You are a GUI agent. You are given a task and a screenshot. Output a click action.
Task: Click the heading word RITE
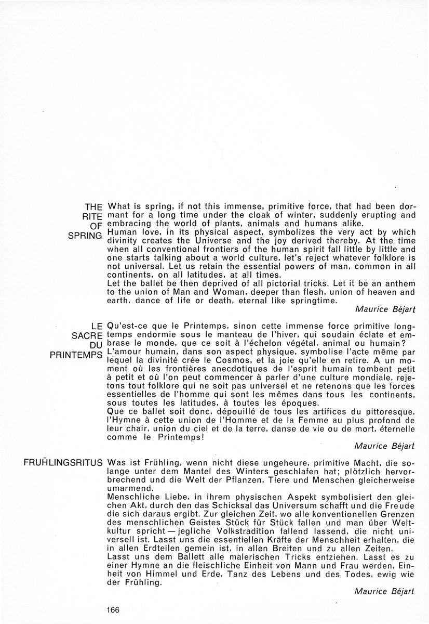92,215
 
